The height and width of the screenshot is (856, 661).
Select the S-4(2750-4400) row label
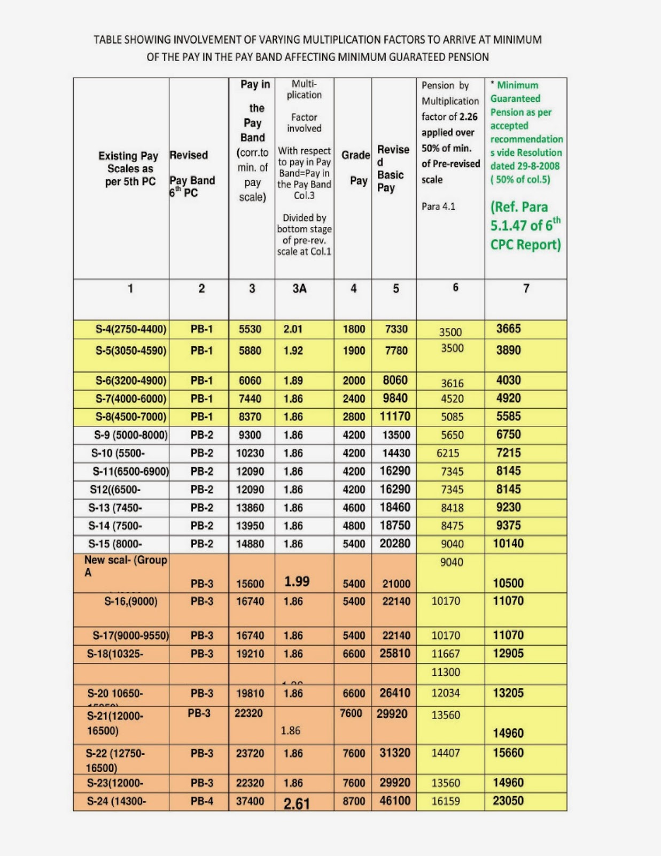(x=131, y=329)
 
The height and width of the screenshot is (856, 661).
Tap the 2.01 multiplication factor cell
(x=293, y=329)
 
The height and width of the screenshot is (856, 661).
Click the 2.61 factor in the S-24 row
(x=297, y=803)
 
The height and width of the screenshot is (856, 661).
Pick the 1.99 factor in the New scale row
(x=297, y=582)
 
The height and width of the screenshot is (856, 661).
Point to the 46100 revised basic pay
(x=395, y=801)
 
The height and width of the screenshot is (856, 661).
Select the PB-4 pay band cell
(x=202, y=801)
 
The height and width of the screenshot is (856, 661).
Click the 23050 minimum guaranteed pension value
(x=508, y=801)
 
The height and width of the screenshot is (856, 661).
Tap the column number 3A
(x=299, y=289)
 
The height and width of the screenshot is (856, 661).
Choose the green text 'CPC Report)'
(x=526, y=244)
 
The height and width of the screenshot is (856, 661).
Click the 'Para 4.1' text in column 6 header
(x=439, y=207)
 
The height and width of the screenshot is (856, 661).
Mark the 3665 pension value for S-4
(x=508, y=329)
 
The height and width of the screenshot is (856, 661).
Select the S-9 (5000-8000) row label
(x=131, y=435)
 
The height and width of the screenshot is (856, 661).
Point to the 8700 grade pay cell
(x=354, y=801)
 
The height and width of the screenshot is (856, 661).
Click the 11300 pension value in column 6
(x=446, y=672)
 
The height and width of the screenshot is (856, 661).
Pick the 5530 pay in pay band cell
(x=250, y=329)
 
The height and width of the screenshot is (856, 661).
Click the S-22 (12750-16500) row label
(x=115, y=760)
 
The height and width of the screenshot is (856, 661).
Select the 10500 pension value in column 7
(x=508, y=583)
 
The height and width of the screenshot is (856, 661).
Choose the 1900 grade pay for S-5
(x=354, y=351)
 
